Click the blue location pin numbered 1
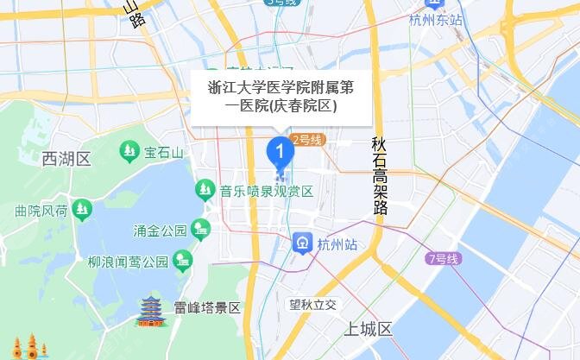coord(279,152)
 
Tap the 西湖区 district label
coord(66,159)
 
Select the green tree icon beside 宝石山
coord(129,152)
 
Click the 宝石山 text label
coord(164,153)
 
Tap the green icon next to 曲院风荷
coord(81,208)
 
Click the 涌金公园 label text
coord(161,231)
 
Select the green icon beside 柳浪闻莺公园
coord(181,259)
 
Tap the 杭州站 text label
coord(337,245)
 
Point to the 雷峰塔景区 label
coord(206,308)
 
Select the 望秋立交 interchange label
coord(318,304)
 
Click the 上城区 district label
coord(369,330)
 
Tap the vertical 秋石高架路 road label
coord(380,176)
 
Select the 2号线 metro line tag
coord(306,140)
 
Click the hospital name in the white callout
coord(281,97)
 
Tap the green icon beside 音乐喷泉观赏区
coord(205,187)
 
